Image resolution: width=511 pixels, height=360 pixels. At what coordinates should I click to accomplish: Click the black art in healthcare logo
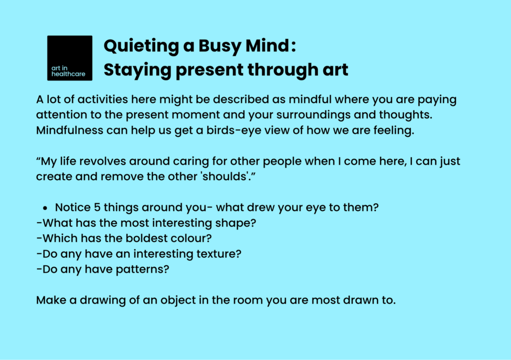69,58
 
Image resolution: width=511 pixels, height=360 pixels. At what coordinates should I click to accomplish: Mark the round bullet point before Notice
45,208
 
